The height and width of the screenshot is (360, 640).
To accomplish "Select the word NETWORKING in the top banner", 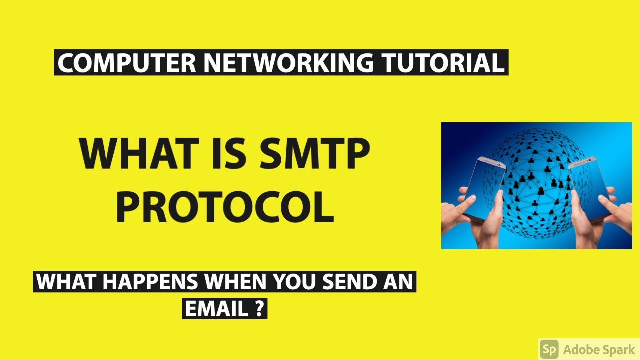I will (288, 63).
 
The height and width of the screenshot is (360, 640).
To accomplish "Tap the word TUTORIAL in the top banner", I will (442, 63).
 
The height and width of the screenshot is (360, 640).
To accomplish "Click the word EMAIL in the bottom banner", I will (216, 308).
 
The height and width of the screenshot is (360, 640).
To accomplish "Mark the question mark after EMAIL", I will (259, 308).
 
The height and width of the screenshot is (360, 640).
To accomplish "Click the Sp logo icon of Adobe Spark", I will (549, 349).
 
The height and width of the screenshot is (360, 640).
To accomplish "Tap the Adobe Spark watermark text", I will (598, 349).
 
